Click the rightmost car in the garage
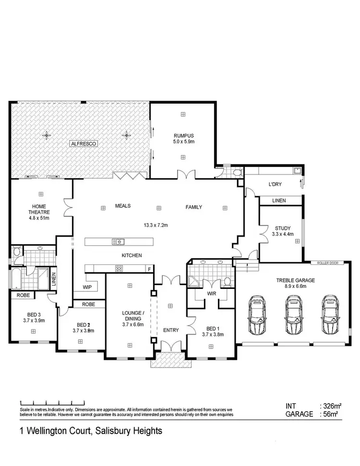[330, 315]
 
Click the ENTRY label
[170, 330]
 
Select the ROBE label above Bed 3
[23, 296]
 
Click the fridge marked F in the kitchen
[149, 269]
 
